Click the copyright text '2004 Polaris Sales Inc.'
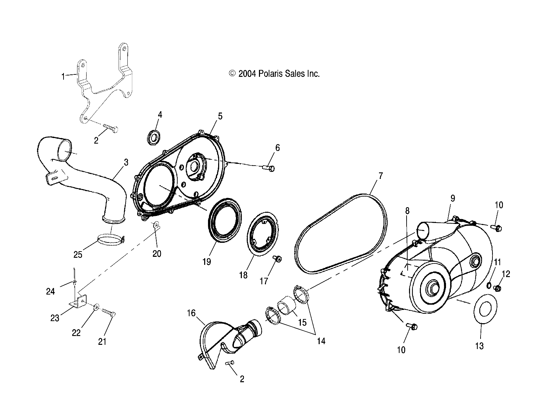point(274,74)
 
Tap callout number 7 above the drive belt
point(380,176)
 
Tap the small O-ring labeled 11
point(489,285)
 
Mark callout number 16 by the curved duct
point(191,313)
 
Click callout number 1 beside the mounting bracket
point(63,76)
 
